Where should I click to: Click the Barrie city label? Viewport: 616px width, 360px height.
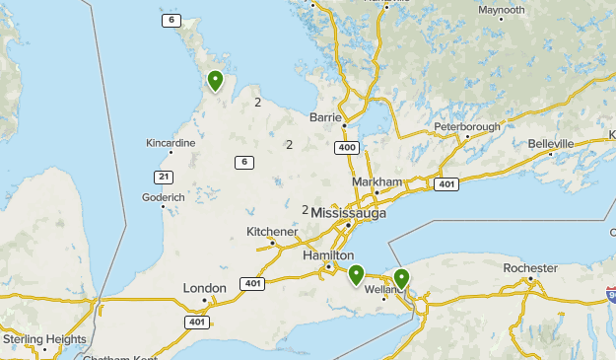pyautogui.click(x=325, y=116)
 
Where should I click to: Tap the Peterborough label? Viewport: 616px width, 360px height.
pyautogui.click(x=467, y=126)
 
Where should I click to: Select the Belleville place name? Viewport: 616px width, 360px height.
pyautogui.click(x=550, y=144)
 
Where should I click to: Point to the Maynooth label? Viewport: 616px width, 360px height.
pyautogui.click(x=501, y=10)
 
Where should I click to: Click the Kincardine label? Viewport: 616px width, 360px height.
pyautogui.click(x=170, y=143)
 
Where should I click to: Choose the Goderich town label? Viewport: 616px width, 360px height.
pyautogui.click(x=164, y=197)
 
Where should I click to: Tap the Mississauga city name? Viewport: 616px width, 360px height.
pyautogui.click(x=349, y=213)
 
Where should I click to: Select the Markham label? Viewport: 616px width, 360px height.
pyautogui.click(x=377, y=182)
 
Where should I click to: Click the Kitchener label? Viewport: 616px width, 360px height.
pyautogui.click(x=271, y=232)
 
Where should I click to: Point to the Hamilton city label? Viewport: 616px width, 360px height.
pyautogui.click(x=327, y=255)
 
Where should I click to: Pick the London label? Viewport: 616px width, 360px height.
pyautogui.click(x=204, y=288)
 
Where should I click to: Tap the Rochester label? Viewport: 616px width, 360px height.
pyautogui.click(x=530, y=268)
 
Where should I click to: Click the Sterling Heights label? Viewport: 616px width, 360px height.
pyautogui.click(x=44, y=339)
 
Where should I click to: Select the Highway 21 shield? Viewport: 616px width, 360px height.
pyautogui.click(x=163, y=176)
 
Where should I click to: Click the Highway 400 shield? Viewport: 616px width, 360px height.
pyautogui.click(x=346, y=147)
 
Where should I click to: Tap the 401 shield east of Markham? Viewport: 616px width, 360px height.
pyautogui.click(x=446, y=183)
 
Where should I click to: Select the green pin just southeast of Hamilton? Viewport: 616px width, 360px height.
pyautogui.click(x=357, y=274)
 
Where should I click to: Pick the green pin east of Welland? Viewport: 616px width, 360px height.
pyautogui.click(x=401, y=278)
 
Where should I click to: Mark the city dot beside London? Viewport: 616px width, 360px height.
pyautogui.click(x=205, y=299)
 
